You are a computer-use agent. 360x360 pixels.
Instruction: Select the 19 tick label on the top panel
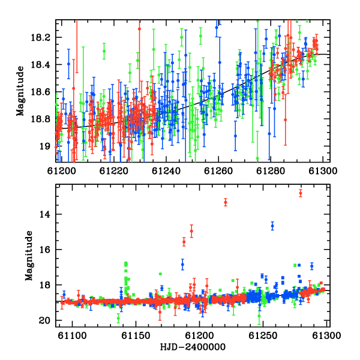(x=44, y=146)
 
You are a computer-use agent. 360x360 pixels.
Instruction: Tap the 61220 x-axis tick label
(x=113, y=171)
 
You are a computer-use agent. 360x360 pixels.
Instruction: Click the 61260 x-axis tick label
(x=218, y=171)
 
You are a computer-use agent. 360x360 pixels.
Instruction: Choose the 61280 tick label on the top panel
(x=271, y=171)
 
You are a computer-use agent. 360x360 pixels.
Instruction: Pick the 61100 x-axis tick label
(x=72, y=335)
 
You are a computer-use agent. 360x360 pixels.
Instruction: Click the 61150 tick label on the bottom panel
(x=136, y=335)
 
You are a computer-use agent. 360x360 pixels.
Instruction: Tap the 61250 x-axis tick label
(x=263, y=335)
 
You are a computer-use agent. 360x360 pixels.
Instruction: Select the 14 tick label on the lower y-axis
(x=44, y=215)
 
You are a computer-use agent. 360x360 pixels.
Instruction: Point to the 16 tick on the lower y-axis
(x=44, y=250)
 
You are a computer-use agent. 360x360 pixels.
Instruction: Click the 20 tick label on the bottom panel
(x=44, y=320)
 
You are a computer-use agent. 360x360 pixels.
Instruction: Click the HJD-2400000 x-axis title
(x=193, y=347)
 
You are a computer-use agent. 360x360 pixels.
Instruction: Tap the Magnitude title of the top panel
(x=20, y=91)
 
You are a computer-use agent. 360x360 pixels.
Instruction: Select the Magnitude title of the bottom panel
(x=29, y=256)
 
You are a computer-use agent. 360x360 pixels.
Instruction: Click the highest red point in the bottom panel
(x=301, y=193)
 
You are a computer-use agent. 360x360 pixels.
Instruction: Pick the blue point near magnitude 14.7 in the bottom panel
(x=272, y=226)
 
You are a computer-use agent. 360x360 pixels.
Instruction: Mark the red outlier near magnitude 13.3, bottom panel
(x=226, y=202)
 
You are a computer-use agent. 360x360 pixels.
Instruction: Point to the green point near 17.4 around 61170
(x=160, y=274)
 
